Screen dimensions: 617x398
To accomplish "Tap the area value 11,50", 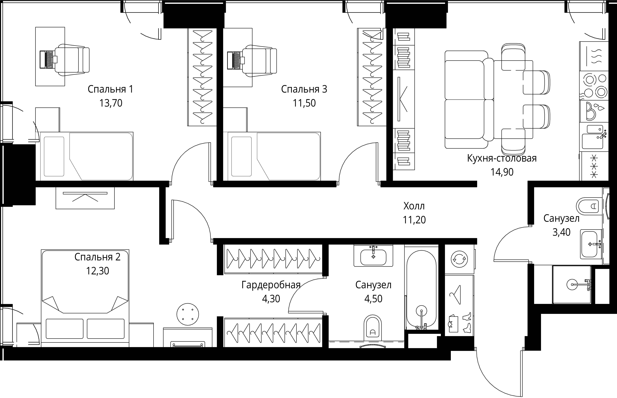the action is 304,103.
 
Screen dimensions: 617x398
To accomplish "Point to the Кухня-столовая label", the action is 502,158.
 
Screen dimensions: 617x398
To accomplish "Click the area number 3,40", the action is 561,232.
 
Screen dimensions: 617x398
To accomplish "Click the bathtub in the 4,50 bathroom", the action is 421,288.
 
